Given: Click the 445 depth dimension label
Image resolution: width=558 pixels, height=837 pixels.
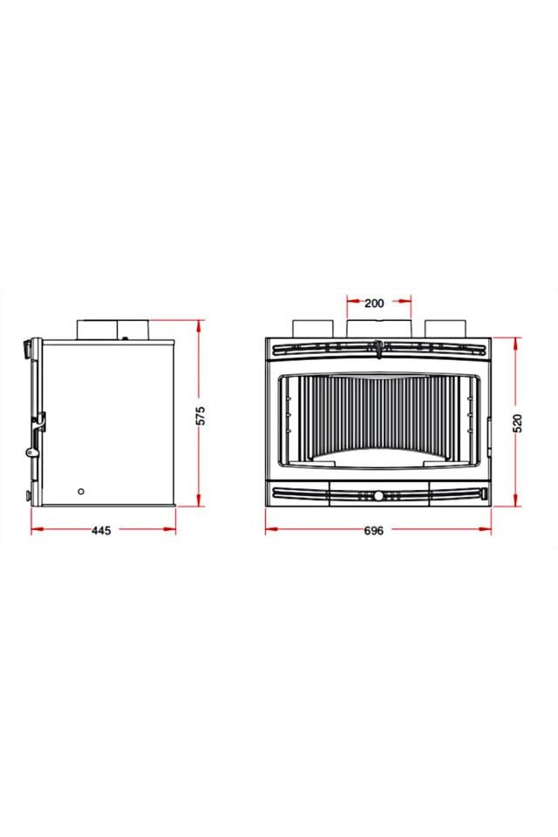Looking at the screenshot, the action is [101, 530].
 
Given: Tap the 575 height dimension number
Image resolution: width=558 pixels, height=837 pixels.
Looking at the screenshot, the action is [201, 416].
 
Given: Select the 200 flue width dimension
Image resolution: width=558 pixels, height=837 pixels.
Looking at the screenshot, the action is [374, 303].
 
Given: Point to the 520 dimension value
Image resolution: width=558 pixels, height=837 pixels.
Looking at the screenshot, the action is [517, 423].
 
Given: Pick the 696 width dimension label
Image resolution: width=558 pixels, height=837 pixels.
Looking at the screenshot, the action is [374, 531].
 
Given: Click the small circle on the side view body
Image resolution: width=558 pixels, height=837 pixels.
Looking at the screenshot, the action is [81, 491].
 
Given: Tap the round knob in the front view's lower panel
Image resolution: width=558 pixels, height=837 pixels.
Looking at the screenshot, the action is [378, 496].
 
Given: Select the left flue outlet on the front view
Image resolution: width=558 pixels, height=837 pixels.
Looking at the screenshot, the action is [312, 329].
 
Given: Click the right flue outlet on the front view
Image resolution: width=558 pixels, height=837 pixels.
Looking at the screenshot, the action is [446, 329].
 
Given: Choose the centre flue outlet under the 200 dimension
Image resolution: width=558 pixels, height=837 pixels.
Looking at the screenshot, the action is [379, 329].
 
